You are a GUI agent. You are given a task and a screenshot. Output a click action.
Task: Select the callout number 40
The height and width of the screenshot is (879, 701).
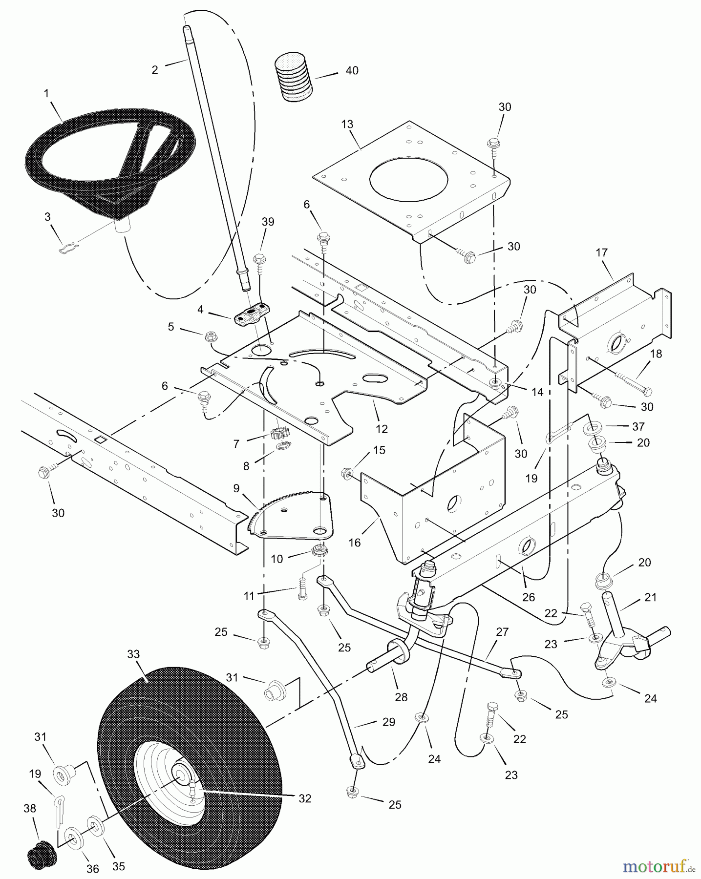pyautogui.click(x=352, y=71)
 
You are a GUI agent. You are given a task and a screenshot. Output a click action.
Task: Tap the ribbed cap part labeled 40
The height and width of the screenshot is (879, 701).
pyautogui.click(x=293, y=77)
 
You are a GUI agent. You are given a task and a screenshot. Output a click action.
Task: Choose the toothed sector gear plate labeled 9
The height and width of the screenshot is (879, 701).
pyautogui.click(x=293, y=518)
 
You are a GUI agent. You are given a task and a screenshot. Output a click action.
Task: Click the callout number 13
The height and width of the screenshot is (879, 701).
pyautogui.click(x=347, y=125)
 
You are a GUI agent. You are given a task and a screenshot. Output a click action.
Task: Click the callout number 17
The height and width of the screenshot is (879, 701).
pyautogui.click(x=601, y=252)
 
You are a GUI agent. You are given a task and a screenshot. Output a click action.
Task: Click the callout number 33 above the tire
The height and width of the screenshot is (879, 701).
pyautogui.click(x=133, y=654)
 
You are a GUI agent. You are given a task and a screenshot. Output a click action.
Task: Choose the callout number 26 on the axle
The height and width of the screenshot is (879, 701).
pyautogui.click(x=529, y=597)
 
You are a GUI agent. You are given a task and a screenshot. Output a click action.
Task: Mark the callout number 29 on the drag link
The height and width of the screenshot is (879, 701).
pyautogui.click(x=388, y=722)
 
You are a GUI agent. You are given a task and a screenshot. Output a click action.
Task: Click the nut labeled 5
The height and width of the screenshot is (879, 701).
pyautogui.click(x=211, y=335)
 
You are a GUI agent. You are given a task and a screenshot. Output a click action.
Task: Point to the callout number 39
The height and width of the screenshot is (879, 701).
pyautogui.click(x=268, y=222)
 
